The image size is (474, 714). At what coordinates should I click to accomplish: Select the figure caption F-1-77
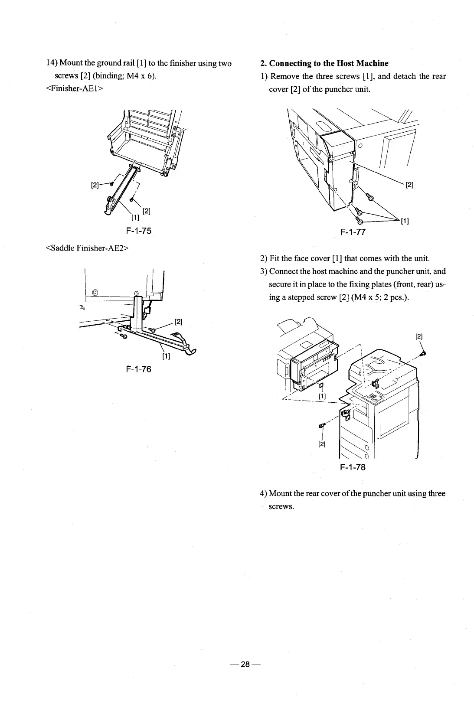pos(353,232)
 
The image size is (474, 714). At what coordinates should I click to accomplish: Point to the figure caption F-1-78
pos(353,468)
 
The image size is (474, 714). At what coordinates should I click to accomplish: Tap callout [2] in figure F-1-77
pos(409,186)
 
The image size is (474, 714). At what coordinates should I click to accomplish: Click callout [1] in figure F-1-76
pos(165,357)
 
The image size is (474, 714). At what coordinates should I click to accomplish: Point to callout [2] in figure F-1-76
pos(178,322)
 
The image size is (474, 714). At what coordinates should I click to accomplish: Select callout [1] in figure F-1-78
pos(322,396)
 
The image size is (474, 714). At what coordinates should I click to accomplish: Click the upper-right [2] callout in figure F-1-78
pos(419,336)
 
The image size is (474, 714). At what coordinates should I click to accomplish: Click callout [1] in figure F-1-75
pos(135,217)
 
